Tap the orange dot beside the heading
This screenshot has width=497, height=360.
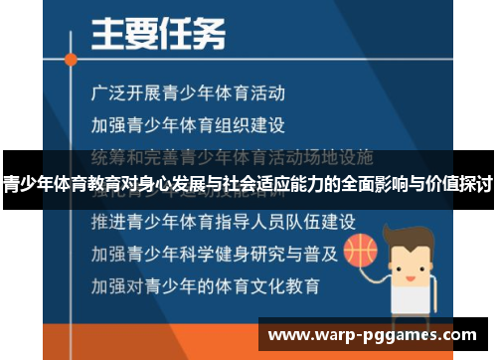point(71,59)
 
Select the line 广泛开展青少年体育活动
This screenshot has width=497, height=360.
point(187,94)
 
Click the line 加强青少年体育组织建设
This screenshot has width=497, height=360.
point(187,125)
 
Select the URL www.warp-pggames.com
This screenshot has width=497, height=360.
point(376,334)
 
